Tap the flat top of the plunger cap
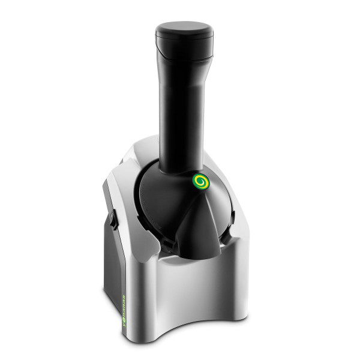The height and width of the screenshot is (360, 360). [184, 29]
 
